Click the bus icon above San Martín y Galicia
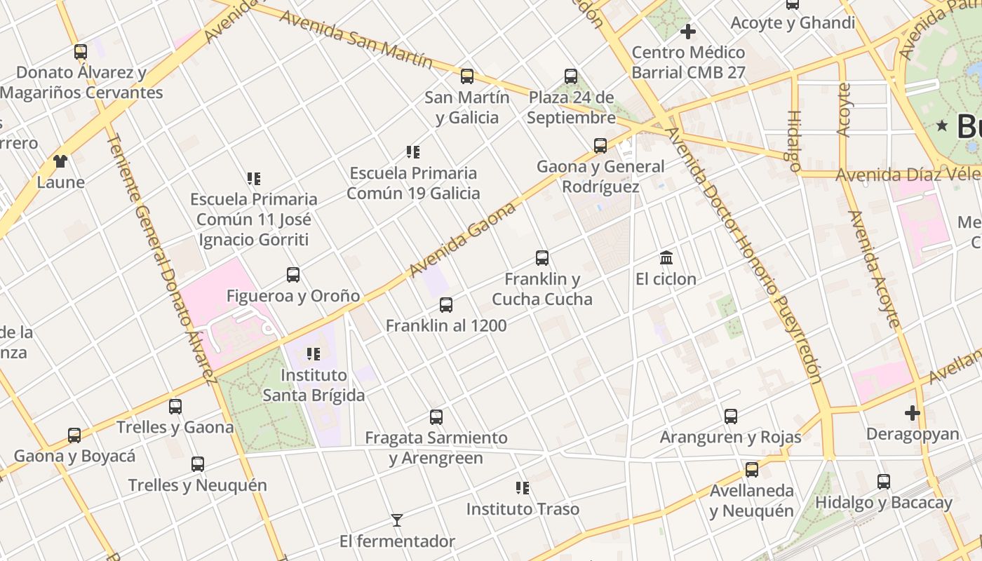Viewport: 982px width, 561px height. click(467, 76)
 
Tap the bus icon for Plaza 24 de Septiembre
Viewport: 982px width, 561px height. click(571, 76)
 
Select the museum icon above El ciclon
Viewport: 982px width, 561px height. click(666, 257)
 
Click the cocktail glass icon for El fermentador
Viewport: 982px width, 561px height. click(397, 520)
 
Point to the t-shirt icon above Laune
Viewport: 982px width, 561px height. click(60, 161)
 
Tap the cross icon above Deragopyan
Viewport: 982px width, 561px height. click(912, 413)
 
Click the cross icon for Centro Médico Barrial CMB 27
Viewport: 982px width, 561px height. click(688, 32)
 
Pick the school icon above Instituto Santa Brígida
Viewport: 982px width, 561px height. click(314, 354)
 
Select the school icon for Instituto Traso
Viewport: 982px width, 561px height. click(523, 487)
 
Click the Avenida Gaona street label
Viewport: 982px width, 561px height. click(463, 239)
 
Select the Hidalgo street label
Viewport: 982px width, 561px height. click(794, 141)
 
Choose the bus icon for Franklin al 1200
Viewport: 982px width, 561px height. click(446, 305)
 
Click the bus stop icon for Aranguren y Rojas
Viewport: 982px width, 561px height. click(731, 417)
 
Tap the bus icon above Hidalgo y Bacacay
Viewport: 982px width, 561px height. click(884, 482)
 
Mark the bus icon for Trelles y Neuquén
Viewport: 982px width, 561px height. click(198, 464)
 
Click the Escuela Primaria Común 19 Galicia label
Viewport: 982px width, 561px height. click(413, 183)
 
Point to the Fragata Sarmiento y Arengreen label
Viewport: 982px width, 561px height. click(436, 447)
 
